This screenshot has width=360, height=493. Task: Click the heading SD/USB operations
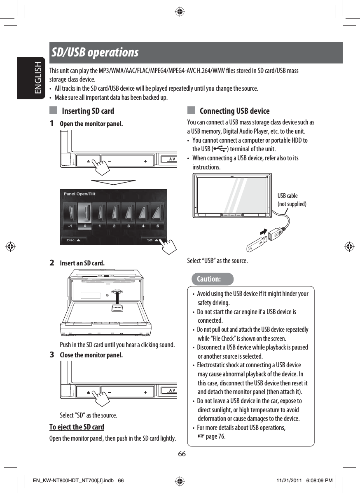coord(95,53)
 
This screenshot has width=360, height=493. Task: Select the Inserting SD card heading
coord(88,111)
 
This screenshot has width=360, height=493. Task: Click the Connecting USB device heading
coord(234,111)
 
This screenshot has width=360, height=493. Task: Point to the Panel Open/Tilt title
coord(80,194)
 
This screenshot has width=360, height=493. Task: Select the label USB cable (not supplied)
coord(292,200)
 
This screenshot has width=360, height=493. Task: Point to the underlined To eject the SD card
coord(77,427)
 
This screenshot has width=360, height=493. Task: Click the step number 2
coord(52,263)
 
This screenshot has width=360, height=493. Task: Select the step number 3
coord(52,354)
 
